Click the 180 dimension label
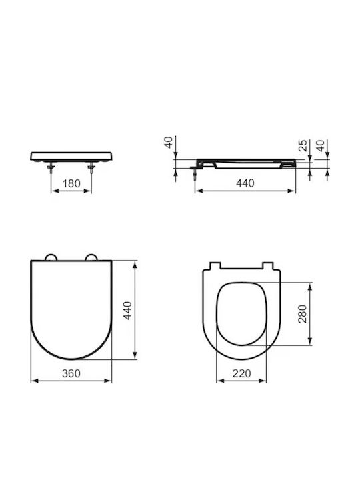click(71, 184)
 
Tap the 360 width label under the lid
click(71, 373)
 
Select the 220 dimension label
click(241, 373)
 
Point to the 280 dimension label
click(302, 314)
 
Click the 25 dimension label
click(303, 146)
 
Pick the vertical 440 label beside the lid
click(127, 311)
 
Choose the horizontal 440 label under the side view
click(245, 183)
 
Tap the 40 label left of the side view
click(169, 143)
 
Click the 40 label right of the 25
click(320, 146)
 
